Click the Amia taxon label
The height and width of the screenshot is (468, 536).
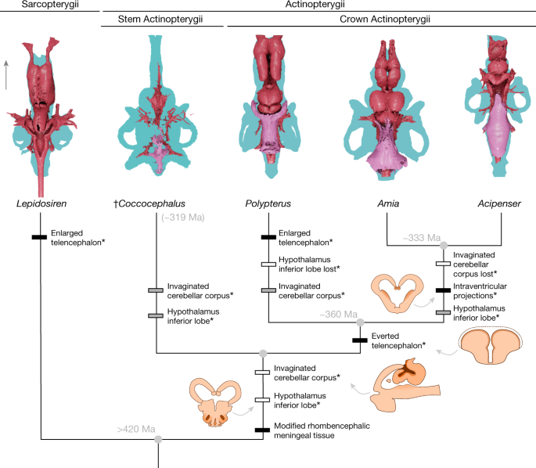pyautogui.click(x=388, y=204)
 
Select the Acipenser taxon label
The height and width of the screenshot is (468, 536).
pyautogui.click(x=500, y=204)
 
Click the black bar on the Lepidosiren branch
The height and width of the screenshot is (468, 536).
pyautogui.click(x=39, y=237)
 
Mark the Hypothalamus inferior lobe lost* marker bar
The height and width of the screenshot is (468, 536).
pyautogui.click(x=268, y=264)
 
